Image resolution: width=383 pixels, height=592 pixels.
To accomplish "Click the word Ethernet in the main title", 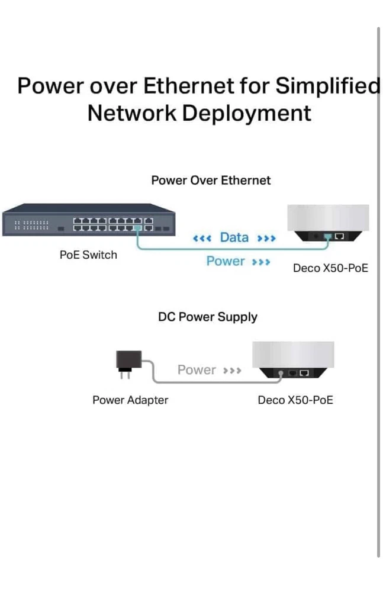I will [x=189, y=86].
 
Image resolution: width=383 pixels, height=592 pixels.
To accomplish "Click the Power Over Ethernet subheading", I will [x=211, y=181].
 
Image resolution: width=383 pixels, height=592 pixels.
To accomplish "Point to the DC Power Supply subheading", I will [x=207, y=317].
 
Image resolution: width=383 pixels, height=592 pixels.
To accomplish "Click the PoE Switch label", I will [x=88, y=255].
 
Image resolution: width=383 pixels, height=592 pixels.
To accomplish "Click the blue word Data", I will [x=234, y=237].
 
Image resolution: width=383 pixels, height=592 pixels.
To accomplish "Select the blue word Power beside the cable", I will [x=225, y=261].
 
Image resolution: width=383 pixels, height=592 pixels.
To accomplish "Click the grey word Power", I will [x=197, y=370].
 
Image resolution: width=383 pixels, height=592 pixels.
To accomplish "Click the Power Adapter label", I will [x=130, y=400].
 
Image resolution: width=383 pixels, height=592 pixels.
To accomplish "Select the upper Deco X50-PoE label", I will [x=330, y=268].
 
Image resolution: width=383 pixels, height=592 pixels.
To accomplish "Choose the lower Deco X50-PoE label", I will [x=295, y=400].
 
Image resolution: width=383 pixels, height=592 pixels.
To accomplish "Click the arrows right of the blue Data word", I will [x=266, y=239].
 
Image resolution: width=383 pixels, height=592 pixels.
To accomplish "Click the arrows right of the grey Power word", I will [x=231, y=371].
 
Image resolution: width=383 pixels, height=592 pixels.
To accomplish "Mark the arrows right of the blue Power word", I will [x=261, y=262].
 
